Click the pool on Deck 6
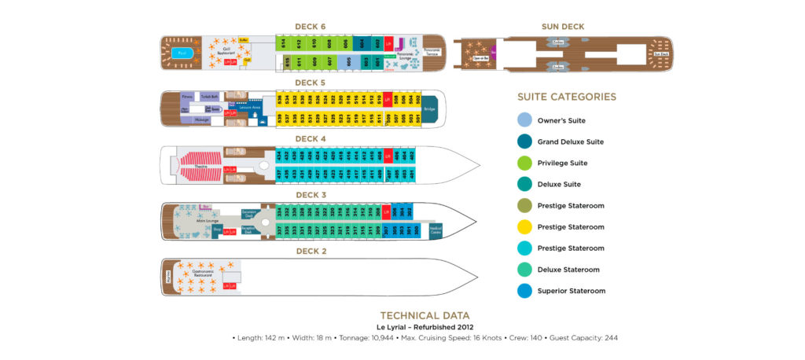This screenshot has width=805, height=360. [x=182, y=53]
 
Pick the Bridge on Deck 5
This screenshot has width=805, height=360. [x=429, y=109]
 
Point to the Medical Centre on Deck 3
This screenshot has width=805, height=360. [x=435, y=230]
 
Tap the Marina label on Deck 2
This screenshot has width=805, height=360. [x=167, y=277]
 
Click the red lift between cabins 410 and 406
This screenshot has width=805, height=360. [x=387, y=156]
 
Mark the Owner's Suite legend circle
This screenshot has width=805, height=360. [x=524, y=121]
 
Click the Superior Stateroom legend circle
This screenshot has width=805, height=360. [x=524, y=291]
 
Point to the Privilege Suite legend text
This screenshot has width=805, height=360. [x=561, y=163]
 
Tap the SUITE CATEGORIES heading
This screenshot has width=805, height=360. [x=566, y=97]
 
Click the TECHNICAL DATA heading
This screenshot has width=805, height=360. [x=425, y=315]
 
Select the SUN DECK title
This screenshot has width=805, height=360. [x=563, y=27]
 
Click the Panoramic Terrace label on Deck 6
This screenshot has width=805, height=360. [x=432, y=52]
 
